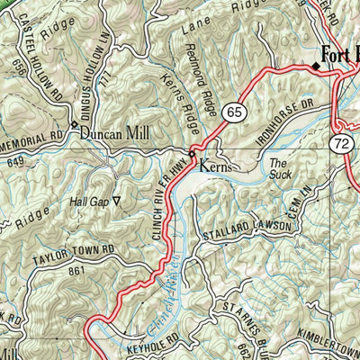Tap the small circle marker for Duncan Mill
pyautogui.click(x=74, y=124)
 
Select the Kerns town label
pyautogui.click(x=214, y=166)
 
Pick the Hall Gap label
pyautogui.click(x=89, y=202)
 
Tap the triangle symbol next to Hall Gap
pyautogui.click(x=117, y=202)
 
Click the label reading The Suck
pyautogui.click(x=281, y=168)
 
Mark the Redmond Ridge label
pyautogui.click(x=203, y=91)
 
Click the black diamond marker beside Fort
pyautogui.click(x=316, y=66)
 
